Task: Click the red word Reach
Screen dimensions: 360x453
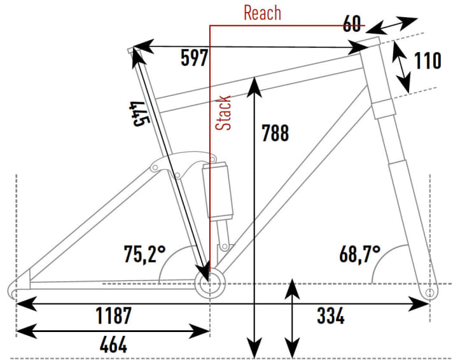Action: point(262,13)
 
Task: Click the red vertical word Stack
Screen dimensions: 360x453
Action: point(224,113)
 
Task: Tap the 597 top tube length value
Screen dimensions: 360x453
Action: point(193,58)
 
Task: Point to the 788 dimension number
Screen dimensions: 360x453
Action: point(275,133)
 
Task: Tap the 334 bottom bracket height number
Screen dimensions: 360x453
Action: point(331,315)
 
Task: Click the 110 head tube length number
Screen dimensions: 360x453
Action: point(428,61)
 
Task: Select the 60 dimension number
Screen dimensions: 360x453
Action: point(354,25)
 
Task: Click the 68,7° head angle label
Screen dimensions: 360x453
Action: point(359,255)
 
